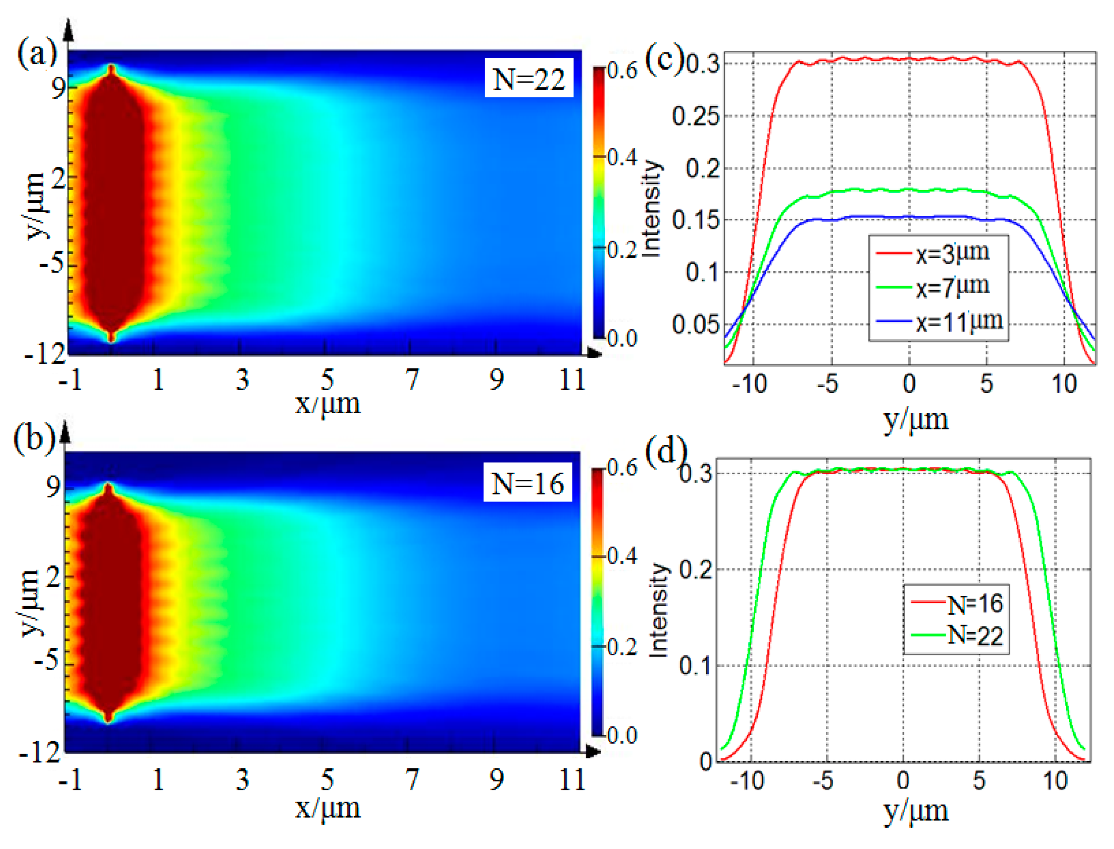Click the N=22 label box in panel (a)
(x=528, y=78)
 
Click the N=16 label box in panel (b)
(x=527, y=483)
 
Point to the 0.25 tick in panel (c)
(x=695, y=117)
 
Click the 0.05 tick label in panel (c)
(x=695, y=324)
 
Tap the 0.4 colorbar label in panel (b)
(x=622, y=557)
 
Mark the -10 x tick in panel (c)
(x=749, y=384)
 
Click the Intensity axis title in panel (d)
(x=658, y=610)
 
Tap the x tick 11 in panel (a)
(x=572, y=379)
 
